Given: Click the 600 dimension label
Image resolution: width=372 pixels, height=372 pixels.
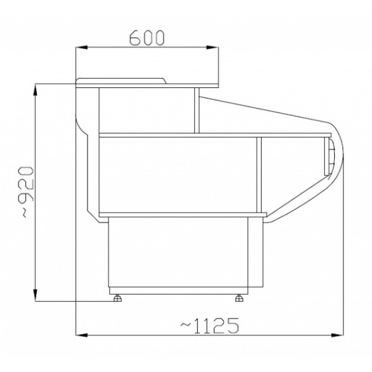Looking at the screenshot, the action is point(147,38).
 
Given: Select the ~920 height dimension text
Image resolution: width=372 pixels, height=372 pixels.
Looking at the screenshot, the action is point(25,192).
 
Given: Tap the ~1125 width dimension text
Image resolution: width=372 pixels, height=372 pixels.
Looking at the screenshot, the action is point(210,325).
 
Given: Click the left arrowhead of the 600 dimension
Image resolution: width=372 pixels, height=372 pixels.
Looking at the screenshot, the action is point(82,48).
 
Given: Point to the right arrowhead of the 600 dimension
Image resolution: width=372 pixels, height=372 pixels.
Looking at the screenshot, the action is point(212,48).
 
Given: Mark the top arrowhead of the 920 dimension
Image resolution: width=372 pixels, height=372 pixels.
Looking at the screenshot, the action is point(35,90).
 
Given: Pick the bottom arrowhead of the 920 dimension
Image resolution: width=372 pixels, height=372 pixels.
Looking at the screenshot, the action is point(35,295).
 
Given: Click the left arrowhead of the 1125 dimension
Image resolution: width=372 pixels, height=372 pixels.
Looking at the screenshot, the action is point(82,335).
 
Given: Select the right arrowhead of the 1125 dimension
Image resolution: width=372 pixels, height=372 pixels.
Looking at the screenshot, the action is point(337,335).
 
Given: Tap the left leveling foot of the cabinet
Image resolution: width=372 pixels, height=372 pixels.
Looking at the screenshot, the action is point(117,298).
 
